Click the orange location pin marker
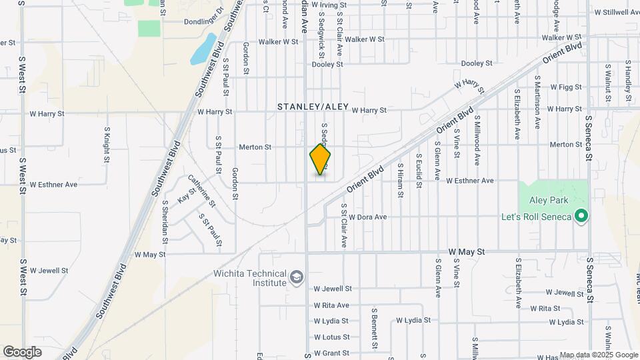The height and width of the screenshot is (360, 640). coord(320,159)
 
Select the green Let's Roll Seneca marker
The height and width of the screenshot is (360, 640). coord(581,216)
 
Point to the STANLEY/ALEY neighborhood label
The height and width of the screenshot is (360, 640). coord(313,107)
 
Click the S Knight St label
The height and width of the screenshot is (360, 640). coord(107,145)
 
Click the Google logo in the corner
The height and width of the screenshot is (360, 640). coord(22,351)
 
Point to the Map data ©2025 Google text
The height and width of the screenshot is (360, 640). coord(598,355)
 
